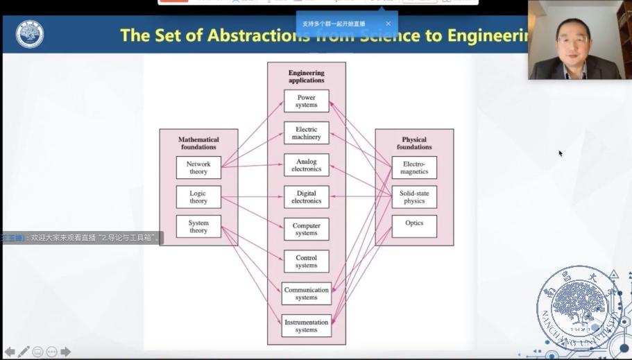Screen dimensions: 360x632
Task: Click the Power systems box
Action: (306, 101)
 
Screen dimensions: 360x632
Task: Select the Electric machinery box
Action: (306, 133)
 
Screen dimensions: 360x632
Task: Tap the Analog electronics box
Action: (306, 165)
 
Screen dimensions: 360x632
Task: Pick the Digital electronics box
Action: (306, 197)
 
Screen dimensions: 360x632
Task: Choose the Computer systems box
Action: (306, 230)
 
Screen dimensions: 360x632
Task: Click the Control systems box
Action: (306, 262)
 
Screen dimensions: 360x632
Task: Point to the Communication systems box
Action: (306, 293)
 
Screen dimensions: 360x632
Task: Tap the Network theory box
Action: (198, 168)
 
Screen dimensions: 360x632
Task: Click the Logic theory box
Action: (198, 197)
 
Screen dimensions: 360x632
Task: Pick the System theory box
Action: (198, 227)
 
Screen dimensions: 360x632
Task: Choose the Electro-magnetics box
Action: (414, 168)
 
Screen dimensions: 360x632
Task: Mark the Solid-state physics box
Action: (414, 197)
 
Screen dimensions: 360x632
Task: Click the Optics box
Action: (414, 224)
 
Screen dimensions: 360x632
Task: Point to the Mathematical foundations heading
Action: (198, 143)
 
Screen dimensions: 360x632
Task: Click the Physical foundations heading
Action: (414, 143)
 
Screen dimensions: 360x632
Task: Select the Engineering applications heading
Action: (306, 76)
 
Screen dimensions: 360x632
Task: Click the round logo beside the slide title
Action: (29, 35)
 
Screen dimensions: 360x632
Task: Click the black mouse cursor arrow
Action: (561, 153)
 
